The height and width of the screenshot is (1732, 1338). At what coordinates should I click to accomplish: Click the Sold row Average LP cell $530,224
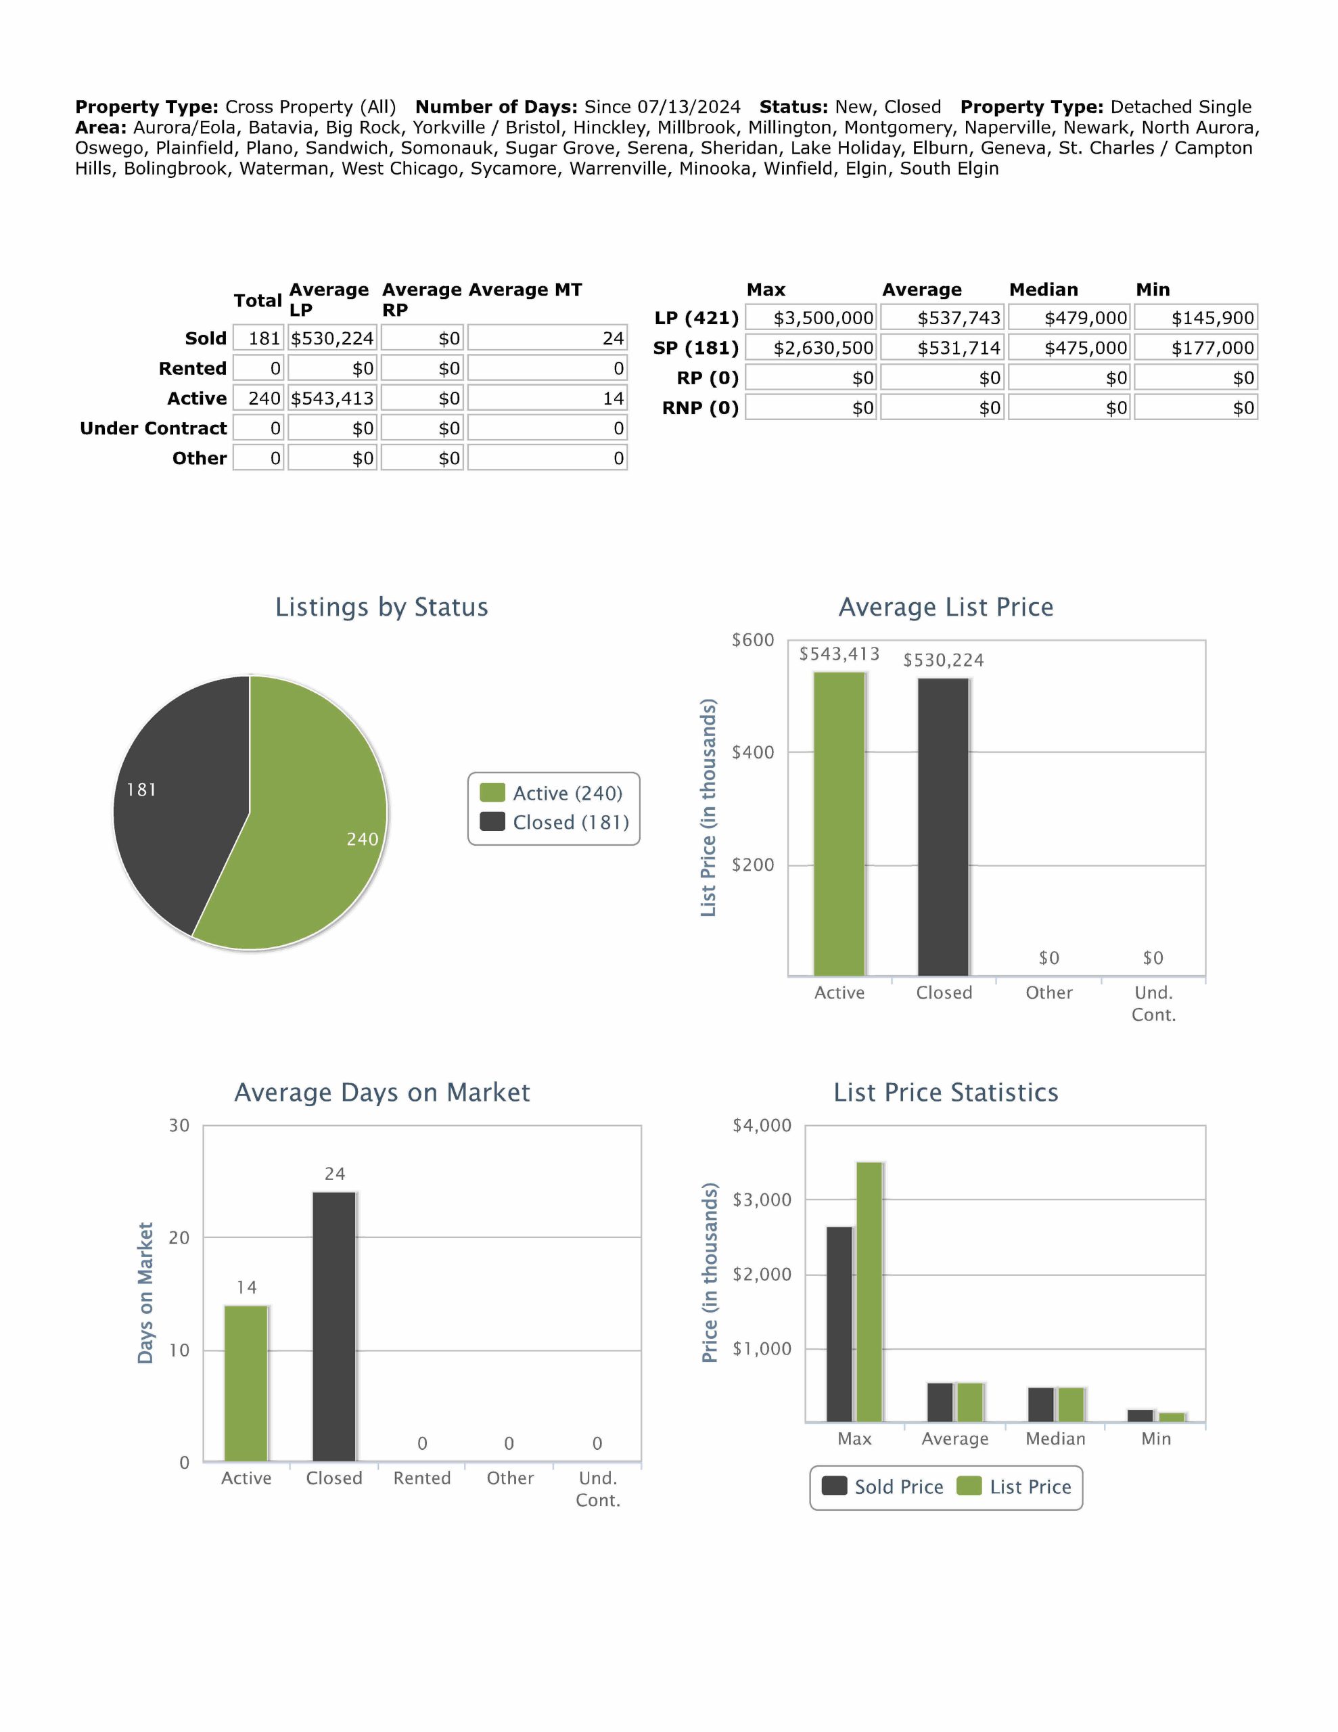(x=332, y=339)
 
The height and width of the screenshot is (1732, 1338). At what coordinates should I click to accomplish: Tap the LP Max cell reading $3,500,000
(x=811, y=318)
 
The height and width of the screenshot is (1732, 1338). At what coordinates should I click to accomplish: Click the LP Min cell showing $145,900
(x=1196, y=318)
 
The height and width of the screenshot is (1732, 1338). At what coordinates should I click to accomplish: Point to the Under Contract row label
(x=153, y=428)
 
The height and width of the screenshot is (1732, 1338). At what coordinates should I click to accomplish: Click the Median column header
(x=1043, y=290)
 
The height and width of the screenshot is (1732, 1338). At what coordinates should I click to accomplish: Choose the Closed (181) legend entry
(x=556, y=823)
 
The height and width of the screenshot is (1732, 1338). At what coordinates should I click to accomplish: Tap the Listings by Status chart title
(x=382, y=607)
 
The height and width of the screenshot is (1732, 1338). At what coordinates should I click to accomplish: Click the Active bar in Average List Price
(x=839, y=825)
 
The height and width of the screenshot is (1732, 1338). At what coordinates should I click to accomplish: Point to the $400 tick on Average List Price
(x=753, y=752)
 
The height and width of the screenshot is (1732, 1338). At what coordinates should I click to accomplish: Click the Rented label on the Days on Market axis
(x=422, y=1478)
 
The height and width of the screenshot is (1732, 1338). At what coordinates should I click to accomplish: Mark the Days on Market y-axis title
(x=145, y=1293)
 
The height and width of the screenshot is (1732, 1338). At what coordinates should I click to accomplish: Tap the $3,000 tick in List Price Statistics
(x=762, y=1199)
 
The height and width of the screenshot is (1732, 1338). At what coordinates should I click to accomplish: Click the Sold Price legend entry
(x=883, y=1487)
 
